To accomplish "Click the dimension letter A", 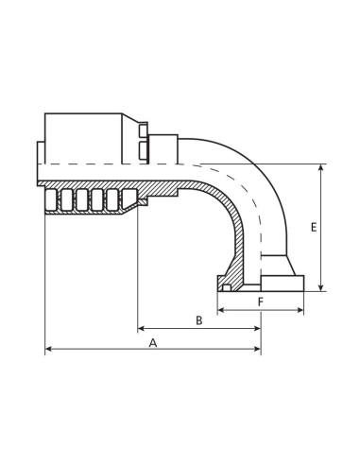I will point(153,343).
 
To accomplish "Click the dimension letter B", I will point(199,320).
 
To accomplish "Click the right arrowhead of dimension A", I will point(258,351).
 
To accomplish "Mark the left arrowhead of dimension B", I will point(142,328).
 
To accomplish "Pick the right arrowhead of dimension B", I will point(258,328).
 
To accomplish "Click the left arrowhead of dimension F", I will point(220,307).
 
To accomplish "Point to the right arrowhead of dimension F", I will point(304,307).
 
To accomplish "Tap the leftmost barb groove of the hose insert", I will point(66,199).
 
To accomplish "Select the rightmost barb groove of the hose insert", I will point(114,199).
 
